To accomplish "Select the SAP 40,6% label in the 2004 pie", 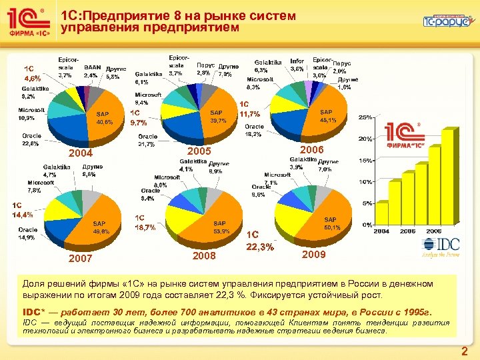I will [x=105, y=118].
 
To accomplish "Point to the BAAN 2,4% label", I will [x=92, y=71].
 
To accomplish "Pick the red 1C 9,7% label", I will [x=139, y=117].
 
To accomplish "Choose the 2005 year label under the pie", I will [x=199, y=151].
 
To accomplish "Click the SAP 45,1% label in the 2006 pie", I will [x=327, y=116].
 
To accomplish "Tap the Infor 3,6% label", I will [x=297, y=65].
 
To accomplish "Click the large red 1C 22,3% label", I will [x=259, y=241].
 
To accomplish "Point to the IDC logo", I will [x=440, y=249].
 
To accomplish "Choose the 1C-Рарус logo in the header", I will [x=446, y=21].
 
